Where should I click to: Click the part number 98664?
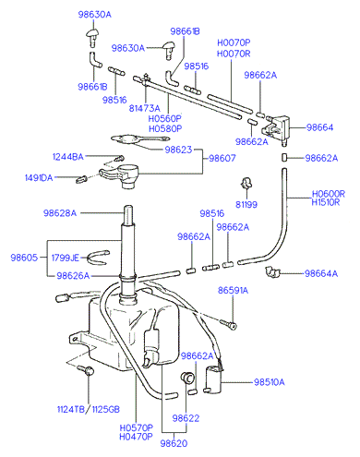click(319, 127)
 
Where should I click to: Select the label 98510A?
click(270, 382)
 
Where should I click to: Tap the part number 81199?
click(246, 204)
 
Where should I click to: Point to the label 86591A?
click(233, 290)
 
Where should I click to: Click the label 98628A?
click(60, 213)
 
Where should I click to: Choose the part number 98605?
click(24, 258)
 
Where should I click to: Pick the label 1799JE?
click(65, 258)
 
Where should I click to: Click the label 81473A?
click(144, 108)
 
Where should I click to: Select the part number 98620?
click(174, 443)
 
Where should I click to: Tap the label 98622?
click(186, 418)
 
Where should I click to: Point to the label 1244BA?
click(68, 157)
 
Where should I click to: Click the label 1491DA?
click(39, 178)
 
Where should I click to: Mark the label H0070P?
click(234, 42)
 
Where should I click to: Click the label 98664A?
click(321, 273)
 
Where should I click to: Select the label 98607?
click(222, 158)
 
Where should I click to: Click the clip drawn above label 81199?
click(246, 183)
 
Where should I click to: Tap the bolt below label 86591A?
click(228, 323)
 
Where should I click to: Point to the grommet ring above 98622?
click(187, 378)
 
